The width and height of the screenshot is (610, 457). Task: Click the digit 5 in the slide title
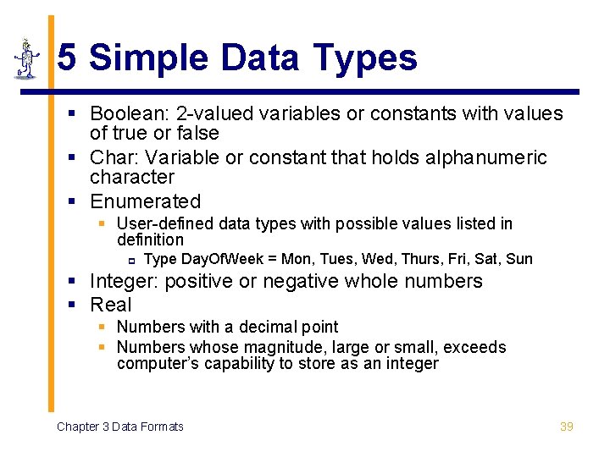[x=69, y=58]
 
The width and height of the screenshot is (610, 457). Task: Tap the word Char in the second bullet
[x=109, y=157]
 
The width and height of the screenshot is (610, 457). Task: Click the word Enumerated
[x=146, y=201]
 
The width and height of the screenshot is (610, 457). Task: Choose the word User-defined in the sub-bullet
[x=165, y=223]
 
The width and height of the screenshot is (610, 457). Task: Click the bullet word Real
[x=111, y=305]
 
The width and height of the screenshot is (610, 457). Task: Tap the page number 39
[x=567, y=427]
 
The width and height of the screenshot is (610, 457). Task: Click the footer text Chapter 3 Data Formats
[x=120, y=427]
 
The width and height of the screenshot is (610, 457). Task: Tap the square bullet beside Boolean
[x=74, y=113]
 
